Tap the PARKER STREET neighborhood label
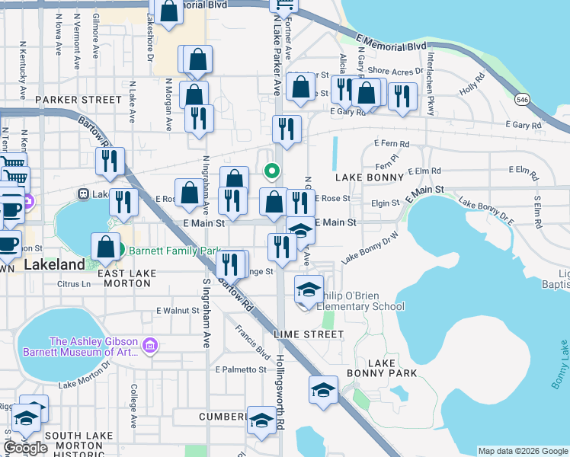pyautogui.click(x=78, y=100)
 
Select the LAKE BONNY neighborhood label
pyautogui.click(x=370, y=177)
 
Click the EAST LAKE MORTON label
pyautogui.click(x=124, y=278)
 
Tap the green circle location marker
pyautogui.click(x=271, y=171)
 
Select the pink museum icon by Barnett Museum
pyautogui.click(x=149, y=347)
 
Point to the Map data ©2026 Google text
pyautogui.click(x=523, y=451)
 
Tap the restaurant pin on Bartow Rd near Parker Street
pyautogui.click(x=110, y=161)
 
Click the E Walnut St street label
pyautogui.click(x=178, y=311)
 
